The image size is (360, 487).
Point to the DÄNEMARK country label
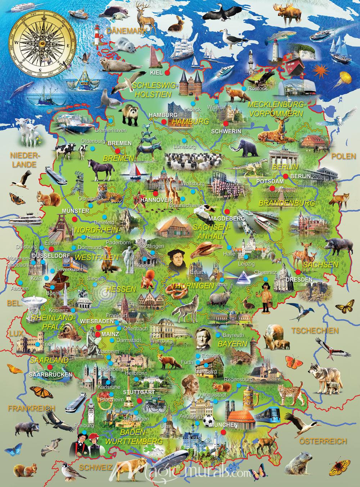pos(126,31)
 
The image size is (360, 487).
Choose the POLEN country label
pos(343,156)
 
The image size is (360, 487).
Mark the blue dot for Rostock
pos(234,88)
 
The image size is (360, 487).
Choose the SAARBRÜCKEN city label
pos(50,374)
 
